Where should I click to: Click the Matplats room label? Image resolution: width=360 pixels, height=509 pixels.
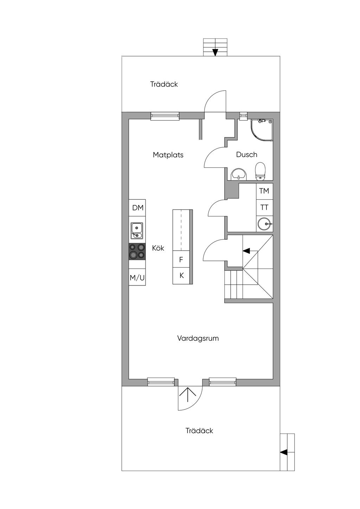click(168, 155)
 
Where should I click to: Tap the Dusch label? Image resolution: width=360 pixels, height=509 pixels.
click(246, 155)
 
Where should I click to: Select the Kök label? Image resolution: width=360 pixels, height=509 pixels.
click(158, 248)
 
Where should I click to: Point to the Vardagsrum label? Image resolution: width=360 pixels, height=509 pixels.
click(198, 338)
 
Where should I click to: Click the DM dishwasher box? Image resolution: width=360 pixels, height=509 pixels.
click(138, 208)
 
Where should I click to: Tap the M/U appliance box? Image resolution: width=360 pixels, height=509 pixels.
click(137, 278)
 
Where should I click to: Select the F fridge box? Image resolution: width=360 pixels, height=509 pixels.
click(181, 260)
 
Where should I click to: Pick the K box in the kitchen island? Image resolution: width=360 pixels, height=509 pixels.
click(181, 276)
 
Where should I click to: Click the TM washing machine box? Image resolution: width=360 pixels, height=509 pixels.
click(264, 191)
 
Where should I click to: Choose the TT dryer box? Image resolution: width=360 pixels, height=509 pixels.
click(264, 207)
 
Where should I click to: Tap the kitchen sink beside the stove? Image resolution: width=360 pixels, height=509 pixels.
click(137, 231)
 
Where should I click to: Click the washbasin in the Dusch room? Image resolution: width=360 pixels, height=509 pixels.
click(239, 174)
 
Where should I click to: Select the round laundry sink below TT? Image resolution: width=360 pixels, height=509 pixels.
click(264, 224)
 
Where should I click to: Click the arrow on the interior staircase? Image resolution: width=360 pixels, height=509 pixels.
click(246, 251)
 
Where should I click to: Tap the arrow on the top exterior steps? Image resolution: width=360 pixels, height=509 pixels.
click(215, 52)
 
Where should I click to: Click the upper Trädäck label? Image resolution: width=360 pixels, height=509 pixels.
click(164, 84)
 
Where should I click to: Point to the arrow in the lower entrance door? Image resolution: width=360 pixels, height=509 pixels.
click(188, 395)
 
